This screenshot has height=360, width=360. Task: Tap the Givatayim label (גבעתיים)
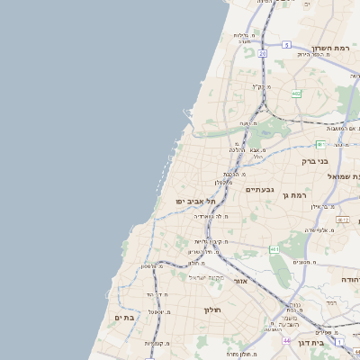tap(259, 189)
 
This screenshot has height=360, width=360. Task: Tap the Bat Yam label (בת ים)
tap(123, 318)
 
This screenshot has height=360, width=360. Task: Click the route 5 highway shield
tap(286, 44)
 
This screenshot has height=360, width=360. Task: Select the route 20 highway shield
tap(262, 54)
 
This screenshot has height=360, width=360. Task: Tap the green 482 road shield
tap(295, 94)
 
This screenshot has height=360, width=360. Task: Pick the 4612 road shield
tap(343, 220)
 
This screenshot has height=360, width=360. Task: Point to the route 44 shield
tap(286, 341)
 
